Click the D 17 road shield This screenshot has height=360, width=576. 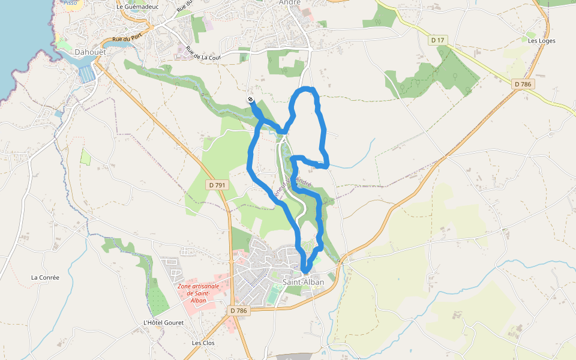click(438, 40)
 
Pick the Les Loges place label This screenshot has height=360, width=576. click(541, 41)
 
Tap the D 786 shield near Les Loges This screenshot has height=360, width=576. click(523, 85)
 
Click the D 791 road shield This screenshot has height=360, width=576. click(218, 185)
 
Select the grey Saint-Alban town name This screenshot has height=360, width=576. click(303, 282)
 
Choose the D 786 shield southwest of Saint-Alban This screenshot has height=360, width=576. click(238, 311)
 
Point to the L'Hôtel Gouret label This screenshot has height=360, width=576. click(163, 322)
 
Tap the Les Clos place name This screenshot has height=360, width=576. click(203, 343)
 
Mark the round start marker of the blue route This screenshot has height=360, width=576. click(250, 100)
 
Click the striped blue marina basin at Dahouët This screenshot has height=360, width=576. click(87, 74)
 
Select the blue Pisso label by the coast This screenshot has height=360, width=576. click(70, 2)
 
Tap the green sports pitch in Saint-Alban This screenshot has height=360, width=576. click(274, 295)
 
